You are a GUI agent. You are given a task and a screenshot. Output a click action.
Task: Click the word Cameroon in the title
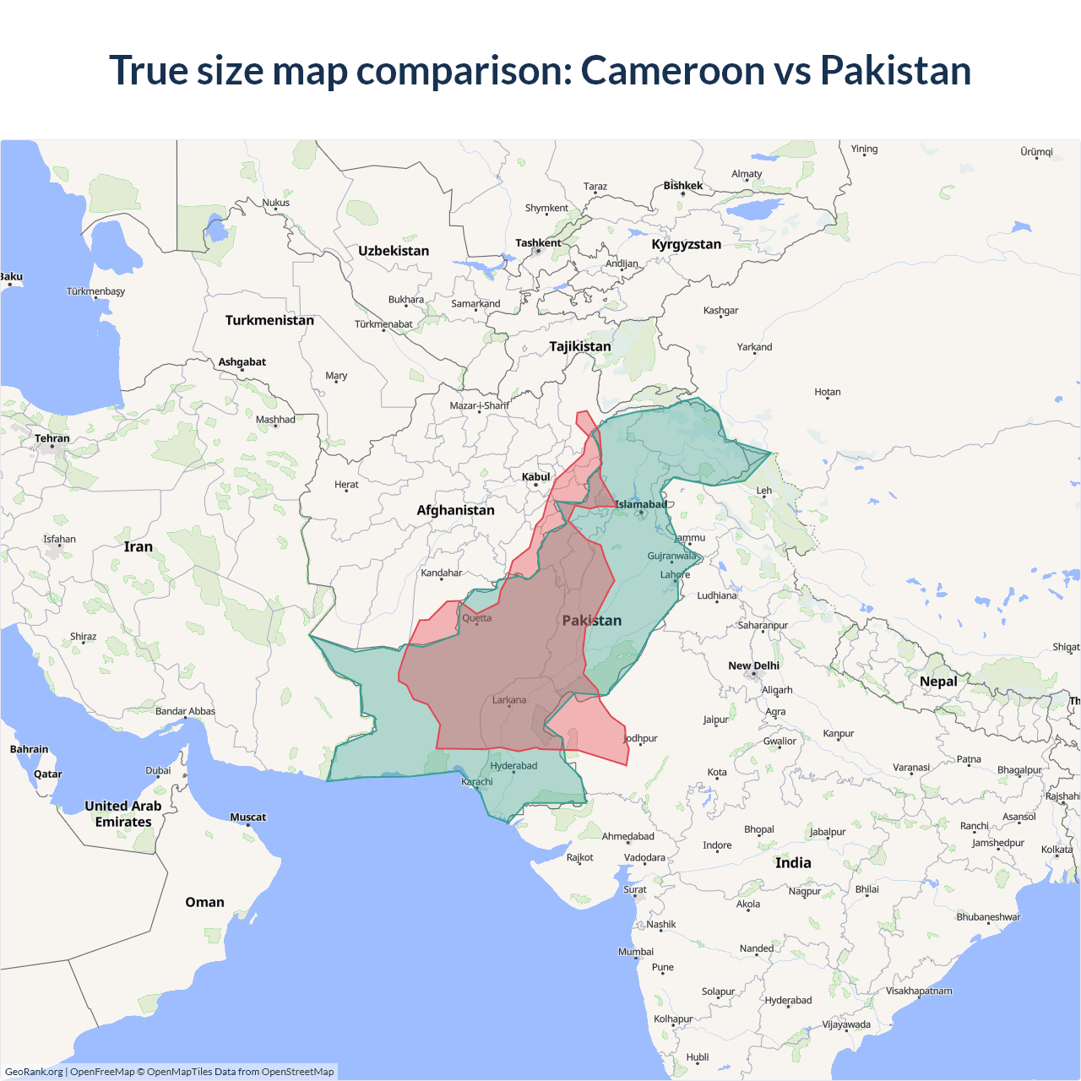[x=673, y=70]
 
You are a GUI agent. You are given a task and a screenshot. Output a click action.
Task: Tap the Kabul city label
[x=535, y=477]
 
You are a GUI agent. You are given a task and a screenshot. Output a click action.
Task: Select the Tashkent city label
[x=538, y=243]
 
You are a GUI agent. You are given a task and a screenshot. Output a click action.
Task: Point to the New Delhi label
[x=753, y=665]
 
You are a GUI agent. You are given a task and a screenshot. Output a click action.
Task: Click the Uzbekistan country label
[x=394, y=251]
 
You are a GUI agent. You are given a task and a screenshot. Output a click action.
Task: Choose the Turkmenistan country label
[x=269, y=320]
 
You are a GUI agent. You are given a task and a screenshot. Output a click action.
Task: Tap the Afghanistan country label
[x=455, y=510]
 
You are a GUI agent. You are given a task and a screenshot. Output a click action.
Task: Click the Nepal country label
[x=938, y=682]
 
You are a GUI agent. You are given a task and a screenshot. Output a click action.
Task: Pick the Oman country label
[x=204, y=902]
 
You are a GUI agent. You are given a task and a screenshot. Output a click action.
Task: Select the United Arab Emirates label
[x=123, y=813]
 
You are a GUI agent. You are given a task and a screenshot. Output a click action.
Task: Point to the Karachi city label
[x=477, y=782]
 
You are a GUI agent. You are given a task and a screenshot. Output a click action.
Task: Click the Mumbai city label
[x=636, y=952]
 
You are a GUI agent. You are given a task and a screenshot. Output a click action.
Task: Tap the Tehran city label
[x=52, y=438]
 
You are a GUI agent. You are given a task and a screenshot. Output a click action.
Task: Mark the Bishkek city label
[x=682, y=186]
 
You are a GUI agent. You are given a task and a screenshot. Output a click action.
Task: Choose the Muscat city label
[x=247, y=818]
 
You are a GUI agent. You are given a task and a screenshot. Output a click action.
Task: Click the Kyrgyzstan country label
[x=686, y=244]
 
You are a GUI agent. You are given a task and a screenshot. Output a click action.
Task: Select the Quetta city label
[x=476, y=618]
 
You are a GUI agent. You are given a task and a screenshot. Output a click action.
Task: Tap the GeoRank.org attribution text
[x=34, y=1072]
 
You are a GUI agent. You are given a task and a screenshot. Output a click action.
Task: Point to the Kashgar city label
[x=720, y=311]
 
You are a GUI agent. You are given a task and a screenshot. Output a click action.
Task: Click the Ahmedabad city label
[x=627, y=837]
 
